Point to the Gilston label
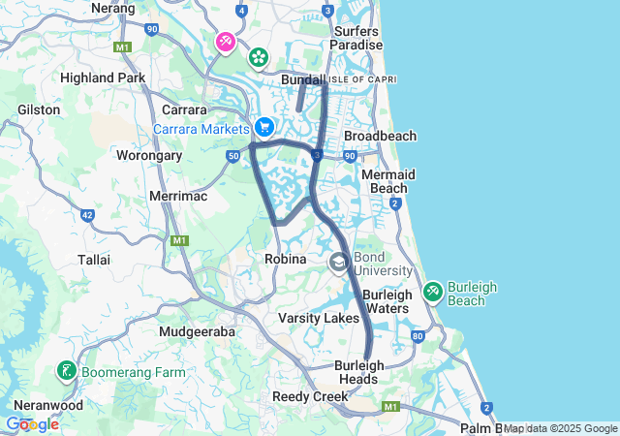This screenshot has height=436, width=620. coord(39,109)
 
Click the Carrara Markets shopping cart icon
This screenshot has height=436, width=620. coord(263,127)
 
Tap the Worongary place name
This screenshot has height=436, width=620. coord(149,155)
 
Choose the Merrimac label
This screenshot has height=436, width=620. coord(174,196)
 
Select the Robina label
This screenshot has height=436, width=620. coord(286,260)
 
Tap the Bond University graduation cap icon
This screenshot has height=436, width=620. coord(339,262)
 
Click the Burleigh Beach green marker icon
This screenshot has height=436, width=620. coord(433,290)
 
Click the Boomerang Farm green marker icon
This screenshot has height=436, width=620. coord(67,371)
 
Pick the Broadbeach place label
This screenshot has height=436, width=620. coord(380,137)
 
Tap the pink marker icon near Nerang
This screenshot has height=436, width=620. coord(226,42)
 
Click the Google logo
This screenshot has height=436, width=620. coord(32,423)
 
